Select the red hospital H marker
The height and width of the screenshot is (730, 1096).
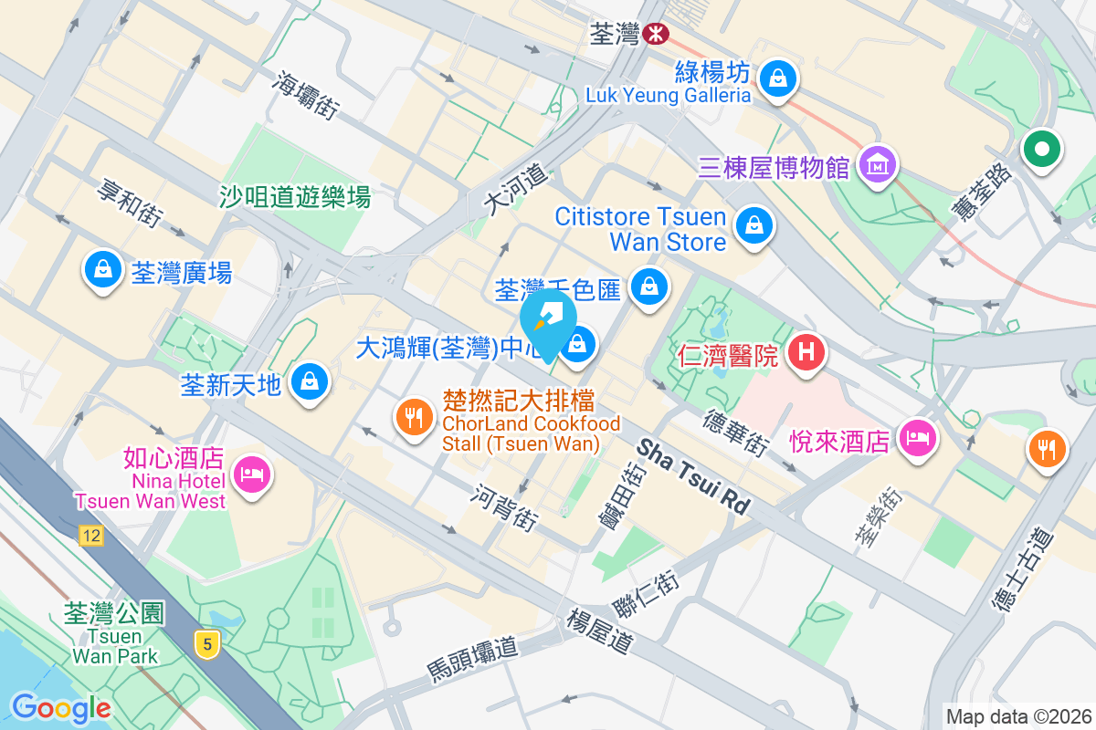pos(806,351)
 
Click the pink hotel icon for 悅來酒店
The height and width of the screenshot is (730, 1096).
pos(916,437)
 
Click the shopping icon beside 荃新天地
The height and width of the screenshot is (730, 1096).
pos(310,381)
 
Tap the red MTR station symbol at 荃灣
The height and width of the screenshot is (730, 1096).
pos(654,34)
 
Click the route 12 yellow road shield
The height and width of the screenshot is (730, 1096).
pos(90,537)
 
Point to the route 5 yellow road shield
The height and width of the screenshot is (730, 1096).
pos(208,644)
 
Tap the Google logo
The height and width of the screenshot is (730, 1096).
pos(61,707)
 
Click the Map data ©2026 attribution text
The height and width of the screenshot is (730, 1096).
pos(1017,716)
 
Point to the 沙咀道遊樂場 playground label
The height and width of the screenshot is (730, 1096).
pos(295,196)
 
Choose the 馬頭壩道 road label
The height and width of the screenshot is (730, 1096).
pos(472,660)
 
